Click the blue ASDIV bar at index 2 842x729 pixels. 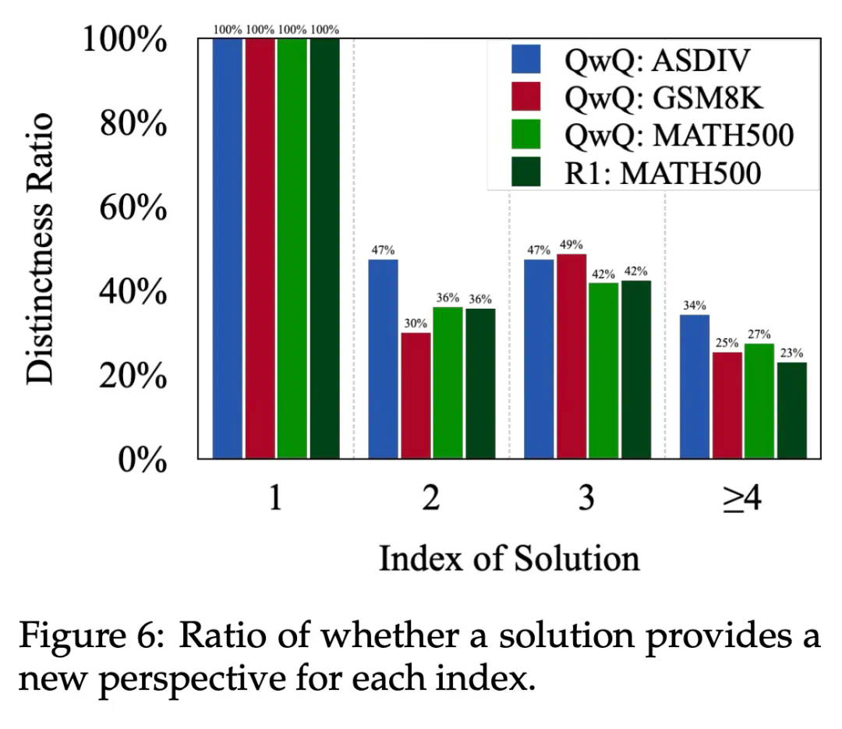tap(383, 359)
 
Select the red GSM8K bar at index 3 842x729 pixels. tap(571, 356)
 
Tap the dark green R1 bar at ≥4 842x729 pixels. tap(791, 410)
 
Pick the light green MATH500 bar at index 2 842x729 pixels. tap(448, 382)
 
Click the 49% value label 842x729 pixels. tap(571, 245)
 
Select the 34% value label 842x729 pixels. tap(695, 305)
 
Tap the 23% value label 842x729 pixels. tap(791, 352)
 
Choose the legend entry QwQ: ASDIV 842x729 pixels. tap(639, 59)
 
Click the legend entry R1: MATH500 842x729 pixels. tap(639, 172)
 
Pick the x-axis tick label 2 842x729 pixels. tap(430, 499)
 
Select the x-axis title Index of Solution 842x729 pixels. tap(508, 558)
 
